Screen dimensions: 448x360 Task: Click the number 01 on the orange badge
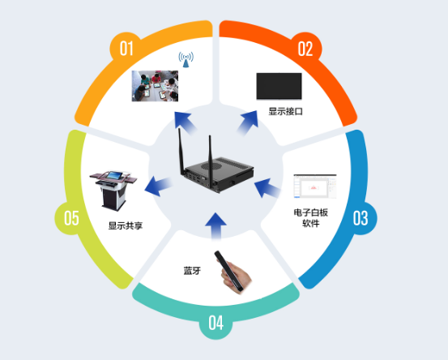(x=126, y=49)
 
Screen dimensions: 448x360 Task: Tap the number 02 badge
(x=305, y=49)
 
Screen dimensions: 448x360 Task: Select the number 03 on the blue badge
(x=361, y=218)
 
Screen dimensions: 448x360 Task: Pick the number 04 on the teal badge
(x=215, y=323)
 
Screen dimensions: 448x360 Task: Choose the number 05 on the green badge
(x=71, y=218)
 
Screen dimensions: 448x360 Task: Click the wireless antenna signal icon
(x=186, y=60)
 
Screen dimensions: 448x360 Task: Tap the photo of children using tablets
(x=155, y=86)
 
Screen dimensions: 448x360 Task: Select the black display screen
(x=279, y=86)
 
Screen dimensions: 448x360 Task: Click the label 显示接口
(x=285, y=111)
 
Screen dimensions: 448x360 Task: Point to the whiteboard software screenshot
(x=315, y=186)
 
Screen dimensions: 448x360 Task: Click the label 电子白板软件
(x=311, y=217)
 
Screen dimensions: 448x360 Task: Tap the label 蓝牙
(x=192, y=271)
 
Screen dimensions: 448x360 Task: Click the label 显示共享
(x=126, y=225)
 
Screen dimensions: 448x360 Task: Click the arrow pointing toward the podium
(x=158, y=186)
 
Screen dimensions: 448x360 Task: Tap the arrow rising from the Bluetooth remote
(x=215, y=226)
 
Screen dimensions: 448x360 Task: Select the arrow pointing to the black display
(x=248, y=123)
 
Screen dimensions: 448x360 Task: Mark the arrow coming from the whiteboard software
(x=267, y=188)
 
